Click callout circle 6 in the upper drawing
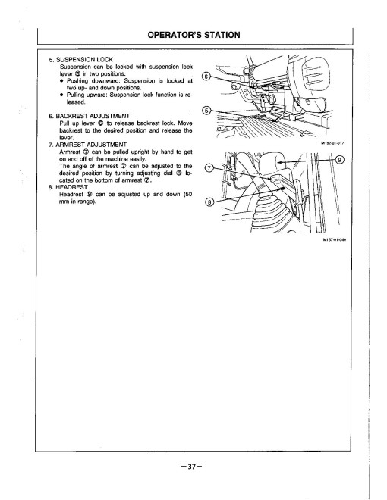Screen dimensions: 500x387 point(210,75)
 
